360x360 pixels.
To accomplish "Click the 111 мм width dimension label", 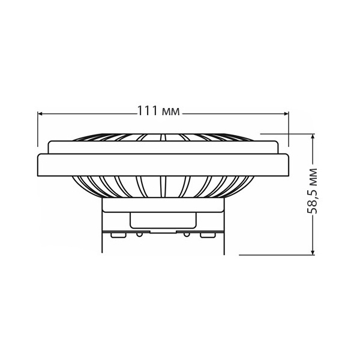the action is tap(158, 111).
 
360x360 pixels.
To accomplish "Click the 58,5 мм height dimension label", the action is tap(312, 191).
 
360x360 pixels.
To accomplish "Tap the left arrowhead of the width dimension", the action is tap(40, 113).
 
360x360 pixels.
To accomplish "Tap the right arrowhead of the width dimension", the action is tap(286, 113).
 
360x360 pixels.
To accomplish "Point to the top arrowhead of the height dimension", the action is tap(313, 137).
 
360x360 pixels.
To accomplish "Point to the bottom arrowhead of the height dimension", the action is tap(313, 252).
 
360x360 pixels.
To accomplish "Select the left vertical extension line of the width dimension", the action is tap(38, 129).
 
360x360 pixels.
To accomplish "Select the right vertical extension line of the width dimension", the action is tap(289, 129).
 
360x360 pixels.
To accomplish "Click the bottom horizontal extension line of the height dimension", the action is tap(277, 255).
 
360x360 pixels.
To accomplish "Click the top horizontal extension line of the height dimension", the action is tap(287, 134).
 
